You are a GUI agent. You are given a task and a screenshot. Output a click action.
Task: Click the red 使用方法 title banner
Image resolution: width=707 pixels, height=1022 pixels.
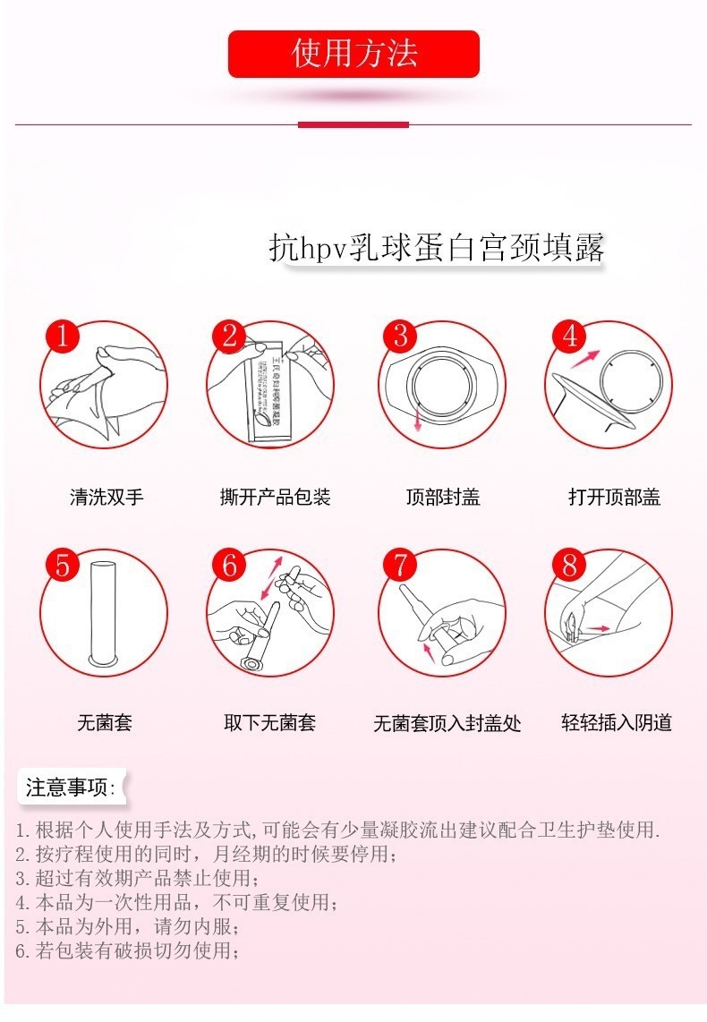point(353,54)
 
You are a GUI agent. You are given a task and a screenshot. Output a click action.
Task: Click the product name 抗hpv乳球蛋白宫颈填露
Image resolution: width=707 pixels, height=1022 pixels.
point(437,248)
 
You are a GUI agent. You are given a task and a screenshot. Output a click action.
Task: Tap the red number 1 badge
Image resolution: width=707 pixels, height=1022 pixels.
point(63,337)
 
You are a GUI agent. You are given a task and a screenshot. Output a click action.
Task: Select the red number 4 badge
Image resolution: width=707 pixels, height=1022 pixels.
point(569,337)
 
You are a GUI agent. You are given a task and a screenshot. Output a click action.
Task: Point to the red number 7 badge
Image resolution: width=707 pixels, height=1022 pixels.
point(400,566)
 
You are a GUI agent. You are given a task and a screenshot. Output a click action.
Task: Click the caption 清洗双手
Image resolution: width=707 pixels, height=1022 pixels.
point(106,497)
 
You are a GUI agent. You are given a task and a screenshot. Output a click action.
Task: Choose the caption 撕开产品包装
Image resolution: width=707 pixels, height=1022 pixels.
point(276,497)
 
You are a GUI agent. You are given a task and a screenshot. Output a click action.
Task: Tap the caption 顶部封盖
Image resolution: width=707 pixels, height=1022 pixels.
point(443,497)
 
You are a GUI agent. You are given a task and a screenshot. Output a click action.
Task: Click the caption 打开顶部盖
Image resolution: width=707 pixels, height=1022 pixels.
point(614,497)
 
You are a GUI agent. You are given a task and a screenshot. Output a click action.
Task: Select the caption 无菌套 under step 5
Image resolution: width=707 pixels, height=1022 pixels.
point(105,722)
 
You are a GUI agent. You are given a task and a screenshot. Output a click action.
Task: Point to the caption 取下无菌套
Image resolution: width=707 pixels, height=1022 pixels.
point(269,722)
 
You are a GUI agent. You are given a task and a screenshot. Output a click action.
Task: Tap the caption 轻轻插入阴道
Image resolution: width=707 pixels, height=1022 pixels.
point(617,722)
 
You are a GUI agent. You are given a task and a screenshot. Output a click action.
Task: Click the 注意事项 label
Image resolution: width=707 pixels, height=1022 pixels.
point(71,788)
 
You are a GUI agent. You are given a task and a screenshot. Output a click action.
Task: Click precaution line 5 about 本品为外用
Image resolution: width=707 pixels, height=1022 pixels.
point(128,926)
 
